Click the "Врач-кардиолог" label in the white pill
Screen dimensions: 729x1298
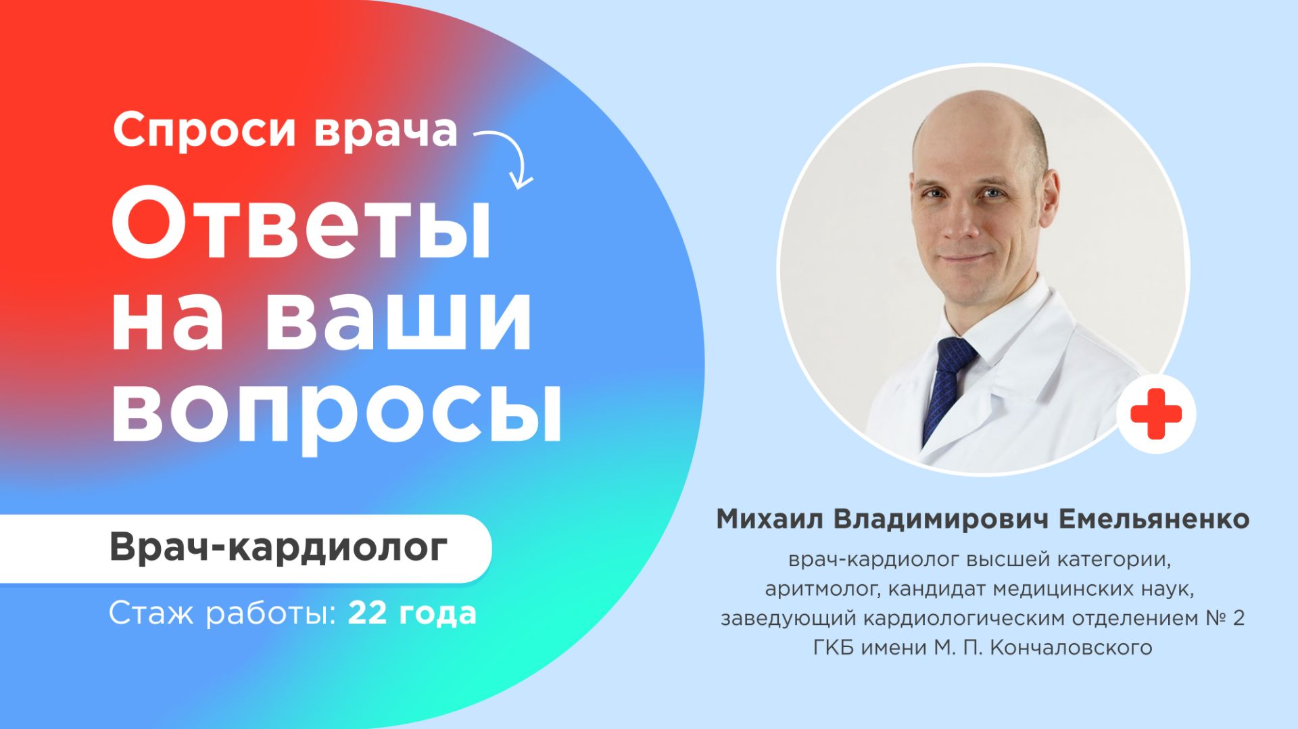(x=279, y=547)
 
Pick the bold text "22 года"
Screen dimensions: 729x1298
(x=412, y=613)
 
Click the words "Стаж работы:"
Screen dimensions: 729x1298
(x=223, y=613)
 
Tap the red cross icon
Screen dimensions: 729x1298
(x=1155, y=413)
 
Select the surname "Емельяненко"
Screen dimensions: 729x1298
(x=1153, y=519)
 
